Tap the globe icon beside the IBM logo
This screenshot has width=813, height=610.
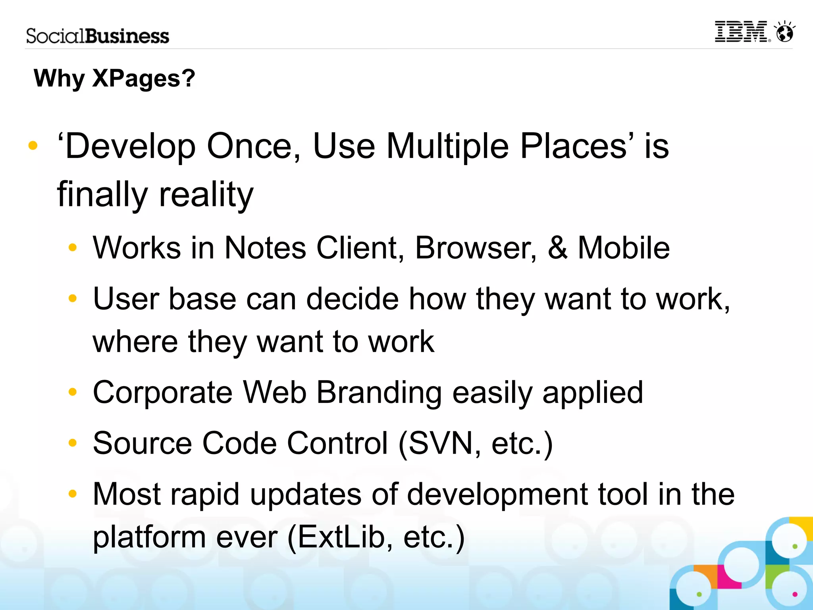(x=784, y=32)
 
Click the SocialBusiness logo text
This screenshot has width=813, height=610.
(x=97, y=36)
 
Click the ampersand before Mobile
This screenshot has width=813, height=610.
(x=557, y=248)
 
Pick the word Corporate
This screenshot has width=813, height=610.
(x=162, y=393)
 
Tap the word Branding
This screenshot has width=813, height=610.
(x=379, y=393)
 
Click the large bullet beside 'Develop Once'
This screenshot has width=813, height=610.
(x=33, y=146)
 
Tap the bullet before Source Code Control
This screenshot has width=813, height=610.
(x=72, y=443)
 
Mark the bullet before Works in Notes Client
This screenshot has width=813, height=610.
(x=72, y=248)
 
